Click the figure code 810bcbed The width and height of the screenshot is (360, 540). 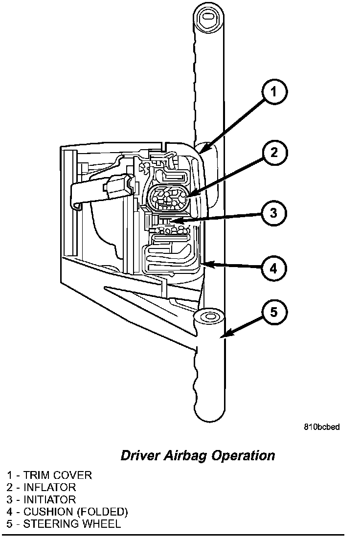(321, 427)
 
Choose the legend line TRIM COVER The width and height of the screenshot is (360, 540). (49, 475)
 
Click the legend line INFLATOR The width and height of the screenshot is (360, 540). (42, 487)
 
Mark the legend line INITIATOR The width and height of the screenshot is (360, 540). (42, 499)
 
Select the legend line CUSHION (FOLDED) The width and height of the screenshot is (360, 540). (67, 512)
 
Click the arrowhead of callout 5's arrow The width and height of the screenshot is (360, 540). (225, 335)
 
